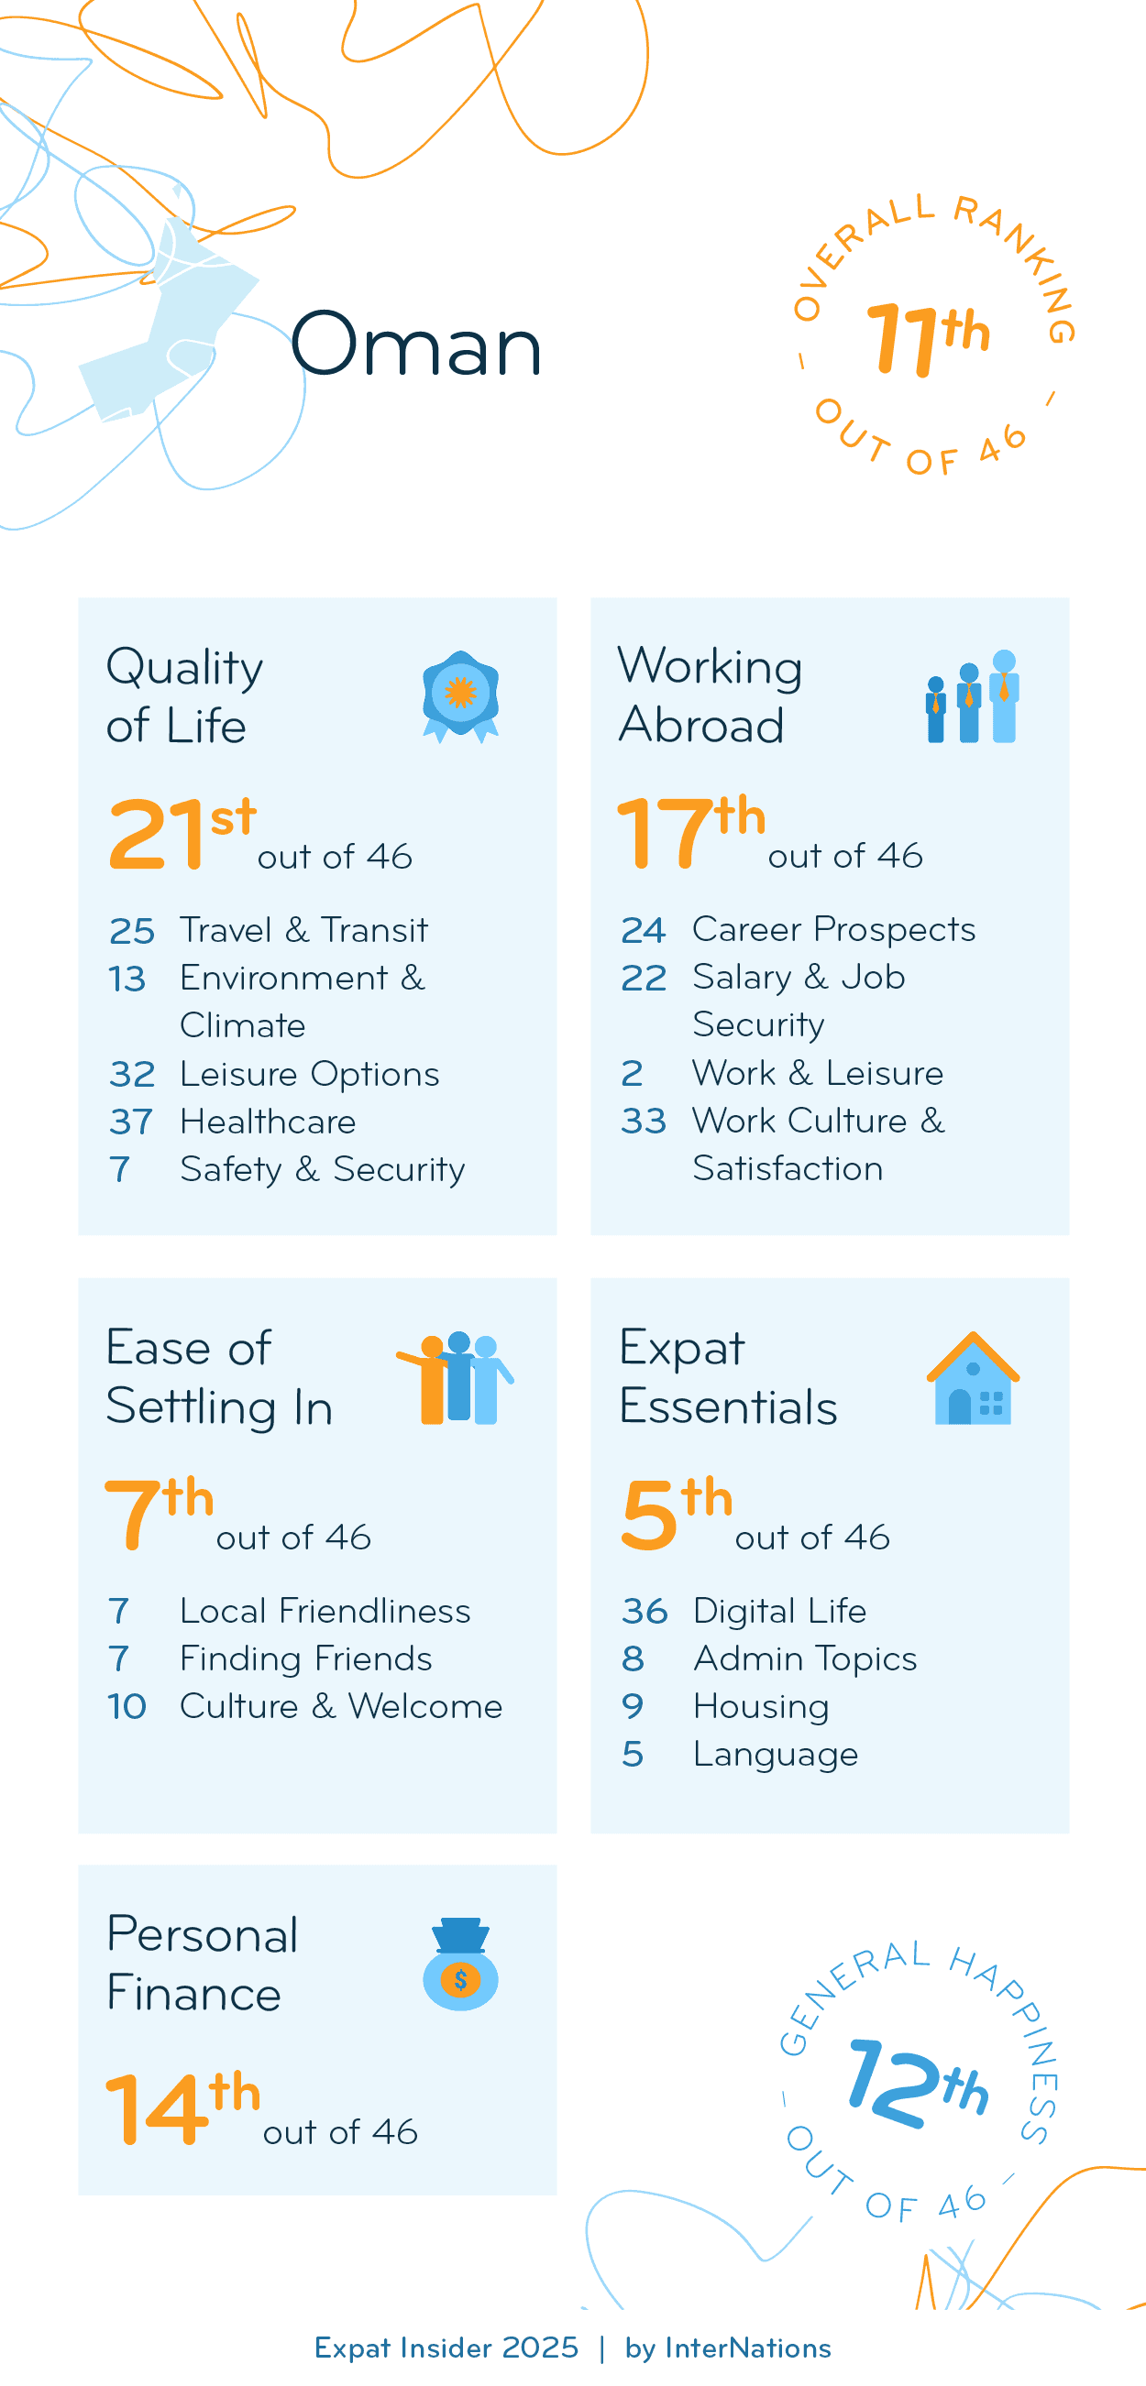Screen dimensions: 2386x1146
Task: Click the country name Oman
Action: (x=416, y=344)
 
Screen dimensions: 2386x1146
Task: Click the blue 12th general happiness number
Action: (x=917, y=2083)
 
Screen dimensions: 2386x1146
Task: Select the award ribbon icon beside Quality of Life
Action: (x=460, y=695)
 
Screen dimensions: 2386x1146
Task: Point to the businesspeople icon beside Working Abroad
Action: (x=972, y=696)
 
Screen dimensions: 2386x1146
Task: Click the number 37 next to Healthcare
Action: (x=130, y=1122)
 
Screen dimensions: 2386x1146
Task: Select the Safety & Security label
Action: (x=322, y=1169)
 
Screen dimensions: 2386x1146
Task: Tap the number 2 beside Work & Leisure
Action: (x=632, y=1074)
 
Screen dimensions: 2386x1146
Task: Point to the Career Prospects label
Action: (x=832, y=929)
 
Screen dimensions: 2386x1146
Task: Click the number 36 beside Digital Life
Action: (x=644, y=1611)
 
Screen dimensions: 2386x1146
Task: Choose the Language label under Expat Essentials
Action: (x=776, y=1755)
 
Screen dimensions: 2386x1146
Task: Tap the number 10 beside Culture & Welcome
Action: (x=127, y=1706)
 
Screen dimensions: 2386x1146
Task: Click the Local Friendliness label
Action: (x=325, y=1611)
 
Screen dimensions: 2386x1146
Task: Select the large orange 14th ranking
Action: (x=182, y=2107)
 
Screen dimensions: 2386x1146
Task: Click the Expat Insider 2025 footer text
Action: (x=446, y=2348)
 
